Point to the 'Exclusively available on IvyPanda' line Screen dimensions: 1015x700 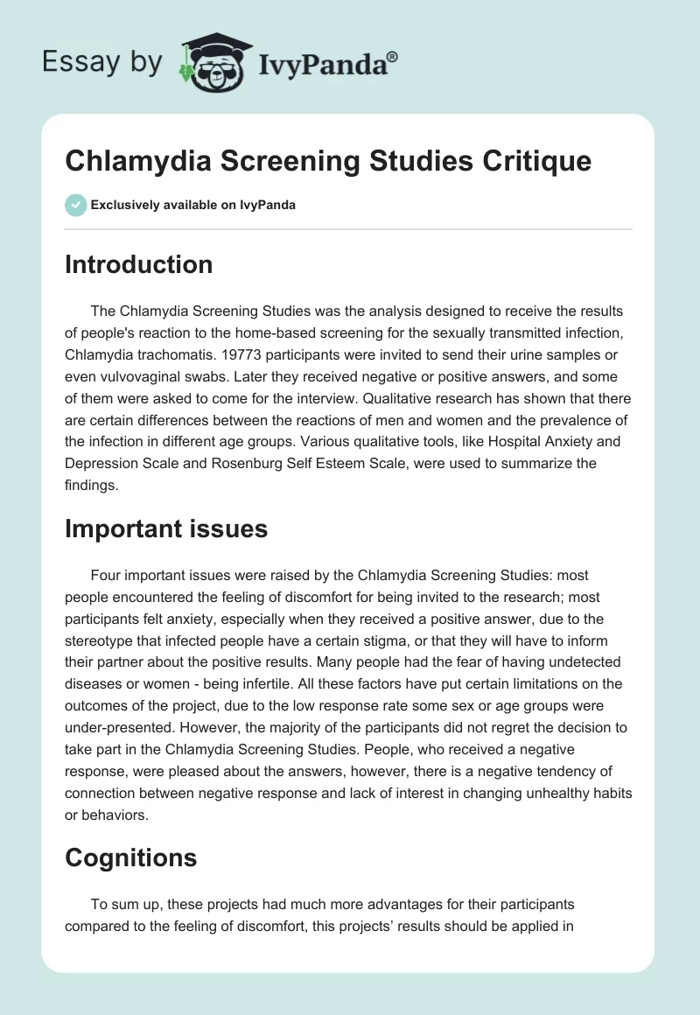[192, 205]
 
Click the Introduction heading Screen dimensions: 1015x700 [138, 264]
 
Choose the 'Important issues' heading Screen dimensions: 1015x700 [166, 528]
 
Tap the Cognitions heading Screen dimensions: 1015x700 [130, 858]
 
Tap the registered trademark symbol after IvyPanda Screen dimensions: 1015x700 [393, 57]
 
